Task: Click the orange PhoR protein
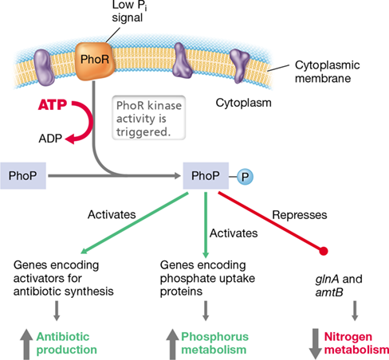click(x=95, y=61)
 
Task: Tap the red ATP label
click(x=53, y=105)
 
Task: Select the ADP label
click(x=50, y=139)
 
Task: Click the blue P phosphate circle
click(x=245, y=177)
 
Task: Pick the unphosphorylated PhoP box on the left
click(x=23, y=176)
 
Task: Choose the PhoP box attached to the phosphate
click(x=206, y=176)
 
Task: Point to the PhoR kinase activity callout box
click(x=149, y=118)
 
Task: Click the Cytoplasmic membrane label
click(x=328, y=72)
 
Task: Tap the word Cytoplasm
click(x=243, y=103)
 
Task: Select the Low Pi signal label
click(x=129, y=12)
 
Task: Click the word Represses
click(x=300, y=215)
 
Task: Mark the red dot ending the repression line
click(x=324, y=251)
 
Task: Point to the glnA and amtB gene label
click(x=339, y=286)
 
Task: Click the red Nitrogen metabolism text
click(x=356, y=343)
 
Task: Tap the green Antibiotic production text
click(x=66, y=343)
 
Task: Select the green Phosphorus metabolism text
click(x=214, y=343)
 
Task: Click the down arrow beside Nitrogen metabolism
click(x=316, y=344)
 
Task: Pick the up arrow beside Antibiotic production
click(x=26, y=344)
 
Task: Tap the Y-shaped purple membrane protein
click(x=239, y=65)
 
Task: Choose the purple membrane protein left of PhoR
click(x=44, y=67)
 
